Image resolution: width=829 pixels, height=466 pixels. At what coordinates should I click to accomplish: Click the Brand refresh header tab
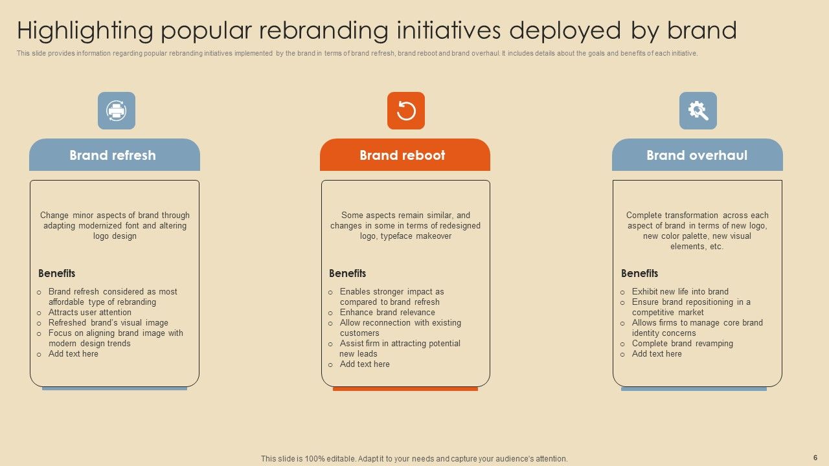click(x=114, y=155)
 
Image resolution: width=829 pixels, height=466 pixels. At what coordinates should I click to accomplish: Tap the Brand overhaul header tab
click(x=697, y=155)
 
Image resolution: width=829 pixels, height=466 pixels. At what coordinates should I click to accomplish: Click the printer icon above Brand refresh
click(x=117, y=111)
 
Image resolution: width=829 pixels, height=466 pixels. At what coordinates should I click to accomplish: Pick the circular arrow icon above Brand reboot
click(x=406, y=111)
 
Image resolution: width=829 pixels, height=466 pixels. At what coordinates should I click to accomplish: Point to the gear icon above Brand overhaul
click(x=698, y=111)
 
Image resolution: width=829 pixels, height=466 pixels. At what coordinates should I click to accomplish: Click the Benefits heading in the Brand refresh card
click(x=57, y=273)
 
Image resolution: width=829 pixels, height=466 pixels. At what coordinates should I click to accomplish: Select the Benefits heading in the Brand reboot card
click(x=348, y=273)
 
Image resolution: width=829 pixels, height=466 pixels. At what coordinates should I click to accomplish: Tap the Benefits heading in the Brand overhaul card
click(x=640, y=273)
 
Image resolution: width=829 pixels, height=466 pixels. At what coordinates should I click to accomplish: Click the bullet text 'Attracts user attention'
click(x=90, y=313)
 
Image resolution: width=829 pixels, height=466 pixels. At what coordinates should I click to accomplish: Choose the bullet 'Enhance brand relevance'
click(x=387, y=313)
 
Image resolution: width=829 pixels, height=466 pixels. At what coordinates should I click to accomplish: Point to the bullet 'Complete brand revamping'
click(x=683, y=344)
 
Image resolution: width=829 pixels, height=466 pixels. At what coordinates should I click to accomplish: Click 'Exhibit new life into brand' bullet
click(x=680, y=292)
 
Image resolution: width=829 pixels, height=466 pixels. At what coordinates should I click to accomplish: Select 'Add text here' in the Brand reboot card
click(x=365, y=364)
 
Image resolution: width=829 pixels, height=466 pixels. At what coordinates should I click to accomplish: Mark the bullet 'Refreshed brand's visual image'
click(x=108, y=323)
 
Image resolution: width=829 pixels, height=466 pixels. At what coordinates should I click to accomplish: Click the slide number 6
click(x=815, y=458)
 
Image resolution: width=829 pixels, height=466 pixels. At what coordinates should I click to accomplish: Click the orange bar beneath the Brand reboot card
click(x=405, y=389)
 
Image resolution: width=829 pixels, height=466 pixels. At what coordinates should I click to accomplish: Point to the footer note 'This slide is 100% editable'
click(x=414, y=459)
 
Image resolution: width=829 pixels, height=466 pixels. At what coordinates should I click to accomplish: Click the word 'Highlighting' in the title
click(x=85, y=31)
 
